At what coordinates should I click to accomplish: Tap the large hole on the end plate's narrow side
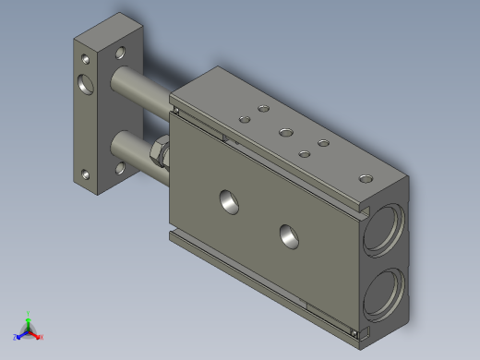pyautogui.click(x=88, y=85)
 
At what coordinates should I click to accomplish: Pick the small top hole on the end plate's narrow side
pyautogui.click(x=85, y=57)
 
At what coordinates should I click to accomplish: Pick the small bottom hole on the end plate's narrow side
pyautogui.click(x=85, y=173)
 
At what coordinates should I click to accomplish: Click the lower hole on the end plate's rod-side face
pyautogui.click(x=119, y=168)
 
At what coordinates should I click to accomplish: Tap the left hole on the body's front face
pyautogui.click(x=226, y=200)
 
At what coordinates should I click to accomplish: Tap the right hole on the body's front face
pyautogui.click(x=289, y=235)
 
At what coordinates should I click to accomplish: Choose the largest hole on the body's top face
pyautogui.click(x=287, y=131)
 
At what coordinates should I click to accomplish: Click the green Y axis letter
pyautogui.click(x=30, y=313)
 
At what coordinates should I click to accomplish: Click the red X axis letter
pyautogui.click(x=42, y=337)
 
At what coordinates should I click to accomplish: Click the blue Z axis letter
pyautogui.click(x=15, y=337)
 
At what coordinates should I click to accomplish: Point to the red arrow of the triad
pyautogui.click(x=36, y=333)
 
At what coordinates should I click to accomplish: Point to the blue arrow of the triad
pyautogui.click(x=21, y=334)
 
